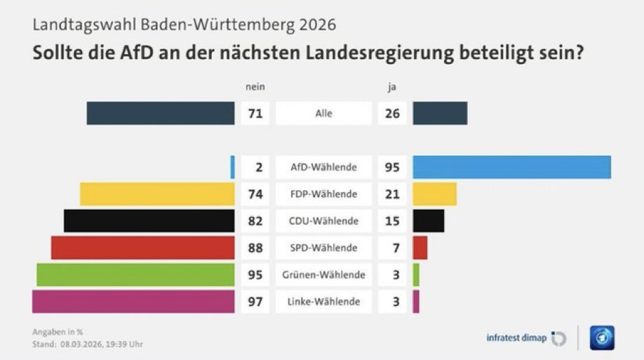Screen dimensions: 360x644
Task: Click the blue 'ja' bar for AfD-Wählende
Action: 511,167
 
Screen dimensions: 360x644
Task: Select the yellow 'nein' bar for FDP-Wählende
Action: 157,194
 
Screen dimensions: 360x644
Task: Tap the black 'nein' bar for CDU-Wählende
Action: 149,220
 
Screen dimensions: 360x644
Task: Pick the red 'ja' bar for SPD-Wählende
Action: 420,248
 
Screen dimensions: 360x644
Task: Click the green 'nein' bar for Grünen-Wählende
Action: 135,274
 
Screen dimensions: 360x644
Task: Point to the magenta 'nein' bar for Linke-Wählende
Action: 133,302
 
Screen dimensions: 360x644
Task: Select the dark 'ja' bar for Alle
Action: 440,113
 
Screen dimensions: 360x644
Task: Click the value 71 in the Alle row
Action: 255,113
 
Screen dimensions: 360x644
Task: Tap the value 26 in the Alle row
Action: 392,113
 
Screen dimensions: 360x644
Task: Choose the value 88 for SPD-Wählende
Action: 255,248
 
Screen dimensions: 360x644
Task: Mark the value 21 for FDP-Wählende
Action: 392,194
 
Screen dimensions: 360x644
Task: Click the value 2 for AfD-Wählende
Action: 258,167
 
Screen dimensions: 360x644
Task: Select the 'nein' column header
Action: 254,87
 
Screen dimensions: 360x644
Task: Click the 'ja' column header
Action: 392,87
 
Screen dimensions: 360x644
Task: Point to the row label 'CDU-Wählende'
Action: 324,221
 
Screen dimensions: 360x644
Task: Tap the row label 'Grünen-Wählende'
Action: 324,275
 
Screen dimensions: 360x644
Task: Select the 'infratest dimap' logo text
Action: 516,338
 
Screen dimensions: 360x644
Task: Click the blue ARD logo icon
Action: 601,338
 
